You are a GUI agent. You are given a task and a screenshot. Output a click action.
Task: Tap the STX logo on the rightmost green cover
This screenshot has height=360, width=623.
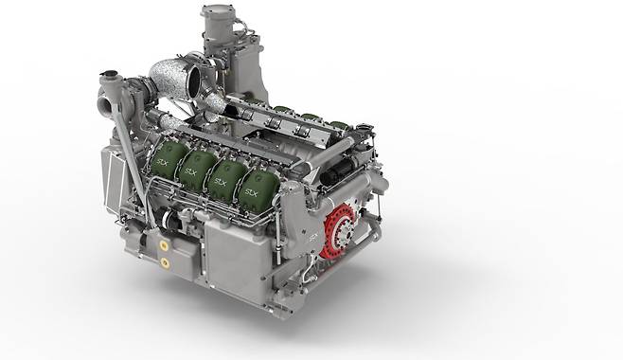point(251,193)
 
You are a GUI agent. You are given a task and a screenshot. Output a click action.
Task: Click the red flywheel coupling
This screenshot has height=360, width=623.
point(341,230)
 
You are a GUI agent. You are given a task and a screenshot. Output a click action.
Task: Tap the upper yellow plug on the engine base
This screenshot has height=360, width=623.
point(163,246)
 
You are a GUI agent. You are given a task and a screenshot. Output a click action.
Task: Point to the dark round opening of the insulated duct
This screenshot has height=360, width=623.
point(197,81)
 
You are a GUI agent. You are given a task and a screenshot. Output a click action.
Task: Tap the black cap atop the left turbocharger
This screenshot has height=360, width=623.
point(108,74)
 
